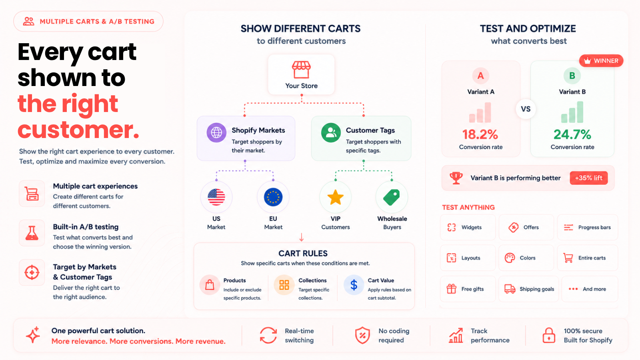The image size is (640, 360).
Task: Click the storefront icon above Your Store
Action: coord(301,70)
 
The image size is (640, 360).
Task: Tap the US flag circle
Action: coord(216,197)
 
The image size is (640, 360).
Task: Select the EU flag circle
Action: coord(273,197)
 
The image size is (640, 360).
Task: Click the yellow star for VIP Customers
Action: coord(336,197)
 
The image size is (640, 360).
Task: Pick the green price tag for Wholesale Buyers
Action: coord(392,197)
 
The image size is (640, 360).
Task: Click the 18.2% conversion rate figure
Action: coord(480,134)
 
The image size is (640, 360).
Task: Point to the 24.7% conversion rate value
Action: coord(572,134)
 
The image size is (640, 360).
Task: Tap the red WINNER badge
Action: coord(601,60)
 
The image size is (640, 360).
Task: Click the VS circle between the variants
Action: coord(526,109)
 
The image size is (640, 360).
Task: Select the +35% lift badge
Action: coord(588,178)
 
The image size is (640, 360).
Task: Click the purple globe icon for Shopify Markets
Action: coord(216,132)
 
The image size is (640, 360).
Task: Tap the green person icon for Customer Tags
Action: coord(331,132)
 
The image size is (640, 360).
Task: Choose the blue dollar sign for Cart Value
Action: coord(354,285)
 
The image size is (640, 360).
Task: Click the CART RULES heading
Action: coord(303,254)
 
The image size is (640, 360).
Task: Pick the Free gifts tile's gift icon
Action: coord(452,289)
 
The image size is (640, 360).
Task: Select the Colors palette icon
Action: coord(510,258)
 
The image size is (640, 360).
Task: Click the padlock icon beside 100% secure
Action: coord(548,335)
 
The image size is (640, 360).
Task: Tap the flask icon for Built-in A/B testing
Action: coord(32,233)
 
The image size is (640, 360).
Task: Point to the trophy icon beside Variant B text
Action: coord(456,178)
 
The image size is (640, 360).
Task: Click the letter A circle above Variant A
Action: coord(480,76)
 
